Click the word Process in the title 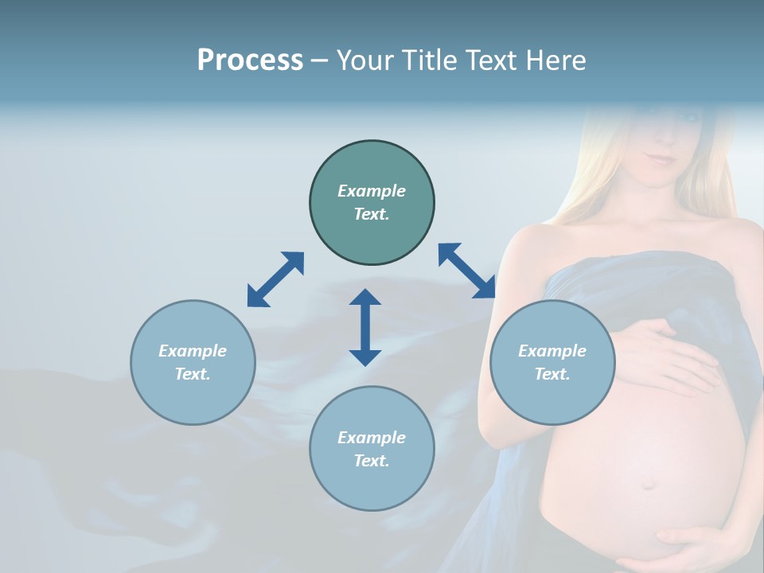click(x=250, y=60)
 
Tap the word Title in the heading click(x=431, y=60)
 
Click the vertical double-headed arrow click(x=365, y=327)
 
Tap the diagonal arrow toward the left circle click(x=275, y=279)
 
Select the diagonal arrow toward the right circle click(x=467, y=271)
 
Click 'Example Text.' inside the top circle click(x=372, y=202)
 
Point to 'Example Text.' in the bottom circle click(x=372, y=449)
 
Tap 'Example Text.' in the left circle click(x=193, y=362)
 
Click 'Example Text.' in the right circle click(x=552, y=362)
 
